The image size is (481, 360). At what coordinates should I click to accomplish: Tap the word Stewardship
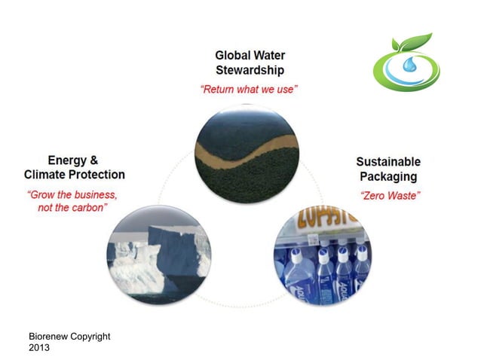tap(250, 71)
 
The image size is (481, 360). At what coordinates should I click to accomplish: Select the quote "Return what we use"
tap(250, 90)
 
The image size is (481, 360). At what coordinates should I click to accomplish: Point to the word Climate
tap(46, 175)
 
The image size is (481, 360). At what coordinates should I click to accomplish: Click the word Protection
tap(97, 175)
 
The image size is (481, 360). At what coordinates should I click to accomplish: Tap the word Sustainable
tap(388, 162)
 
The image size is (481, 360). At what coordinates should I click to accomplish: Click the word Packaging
tap(388, 177)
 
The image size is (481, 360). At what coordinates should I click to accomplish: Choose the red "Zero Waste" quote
tap(390, 196)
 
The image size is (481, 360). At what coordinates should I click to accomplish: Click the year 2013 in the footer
tap(39, 348)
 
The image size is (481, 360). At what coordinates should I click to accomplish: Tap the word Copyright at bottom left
tap(90, 336)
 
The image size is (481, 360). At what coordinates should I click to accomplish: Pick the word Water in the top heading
tap(269, 56)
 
